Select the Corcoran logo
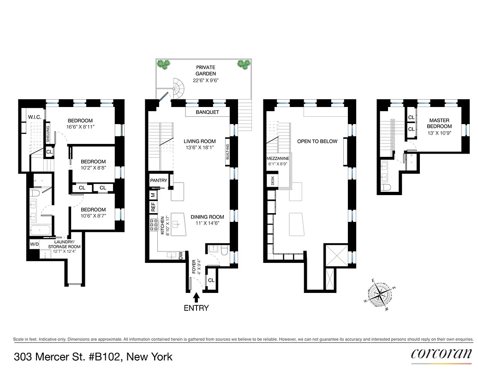point(441,354)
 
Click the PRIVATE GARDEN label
point(205,71)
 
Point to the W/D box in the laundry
point(34,244)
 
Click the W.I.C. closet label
point(35,117)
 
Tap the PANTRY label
point(158,180)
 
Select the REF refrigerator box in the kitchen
point(153,208)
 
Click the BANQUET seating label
point(207,112)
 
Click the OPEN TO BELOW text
point(317,142)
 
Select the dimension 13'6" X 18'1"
point(200,149)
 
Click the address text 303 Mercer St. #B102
point(93,357)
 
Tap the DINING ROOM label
point(207,217)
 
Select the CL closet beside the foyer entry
point(211,280)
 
